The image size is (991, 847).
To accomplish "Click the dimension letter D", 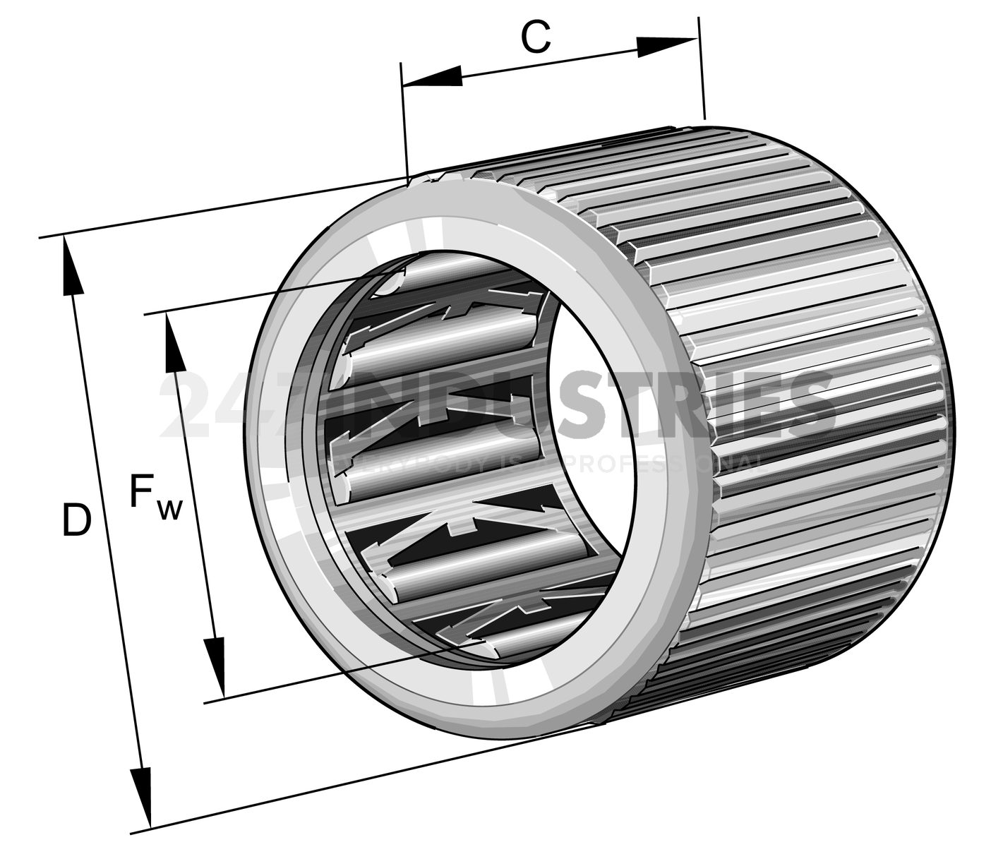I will tap(76, 520).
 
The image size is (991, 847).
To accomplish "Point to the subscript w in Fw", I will tap(169, 508).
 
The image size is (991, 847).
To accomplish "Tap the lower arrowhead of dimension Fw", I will tap(215, 666).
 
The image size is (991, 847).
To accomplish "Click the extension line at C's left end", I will tap(404, 120).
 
